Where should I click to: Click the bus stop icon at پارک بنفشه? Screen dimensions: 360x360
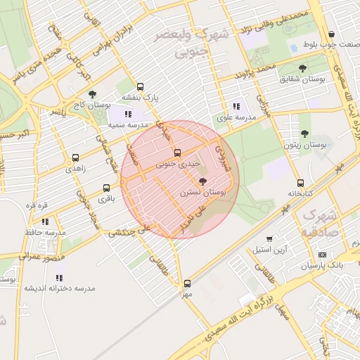pyautogui.click(x=141, y=86)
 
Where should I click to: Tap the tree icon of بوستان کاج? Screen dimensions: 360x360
pyautogui.click(x=92, y=94)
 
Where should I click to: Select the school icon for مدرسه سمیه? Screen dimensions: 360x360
pyautogui.click(x=128, y=113)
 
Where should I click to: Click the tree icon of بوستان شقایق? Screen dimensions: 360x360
pyautogui.click(x=303, y=68)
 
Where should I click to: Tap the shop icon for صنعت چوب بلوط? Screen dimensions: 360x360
pyautogui.click(x=331, y=34)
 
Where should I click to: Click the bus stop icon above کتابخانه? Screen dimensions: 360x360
pyautogui.click(x=301, y=183)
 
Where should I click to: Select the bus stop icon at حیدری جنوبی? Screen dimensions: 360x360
pyautogui.click(x=177, y=153)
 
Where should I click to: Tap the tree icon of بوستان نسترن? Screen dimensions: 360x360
pyautogui.click(x=204, y=181)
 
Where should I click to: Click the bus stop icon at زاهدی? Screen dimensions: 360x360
pyautogui.click(x=75, y=158)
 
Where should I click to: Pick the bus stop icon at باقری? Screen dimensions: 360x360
pyautogui.click(x=106, y=188)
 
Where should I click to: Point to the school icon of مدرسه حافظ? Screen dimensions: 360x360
pyautogui.click(x=46, y=221)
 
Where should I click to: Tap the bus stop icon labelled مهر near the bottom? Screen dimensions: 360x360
pyautogui.click(x=187, y=283)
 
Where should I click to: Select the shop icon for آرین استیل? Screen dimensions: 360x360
pyautogui.click(x=269, y=239)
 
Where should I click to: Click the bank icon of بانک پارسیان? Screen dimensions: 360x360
pyautogui.click(x=323, y=255)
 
